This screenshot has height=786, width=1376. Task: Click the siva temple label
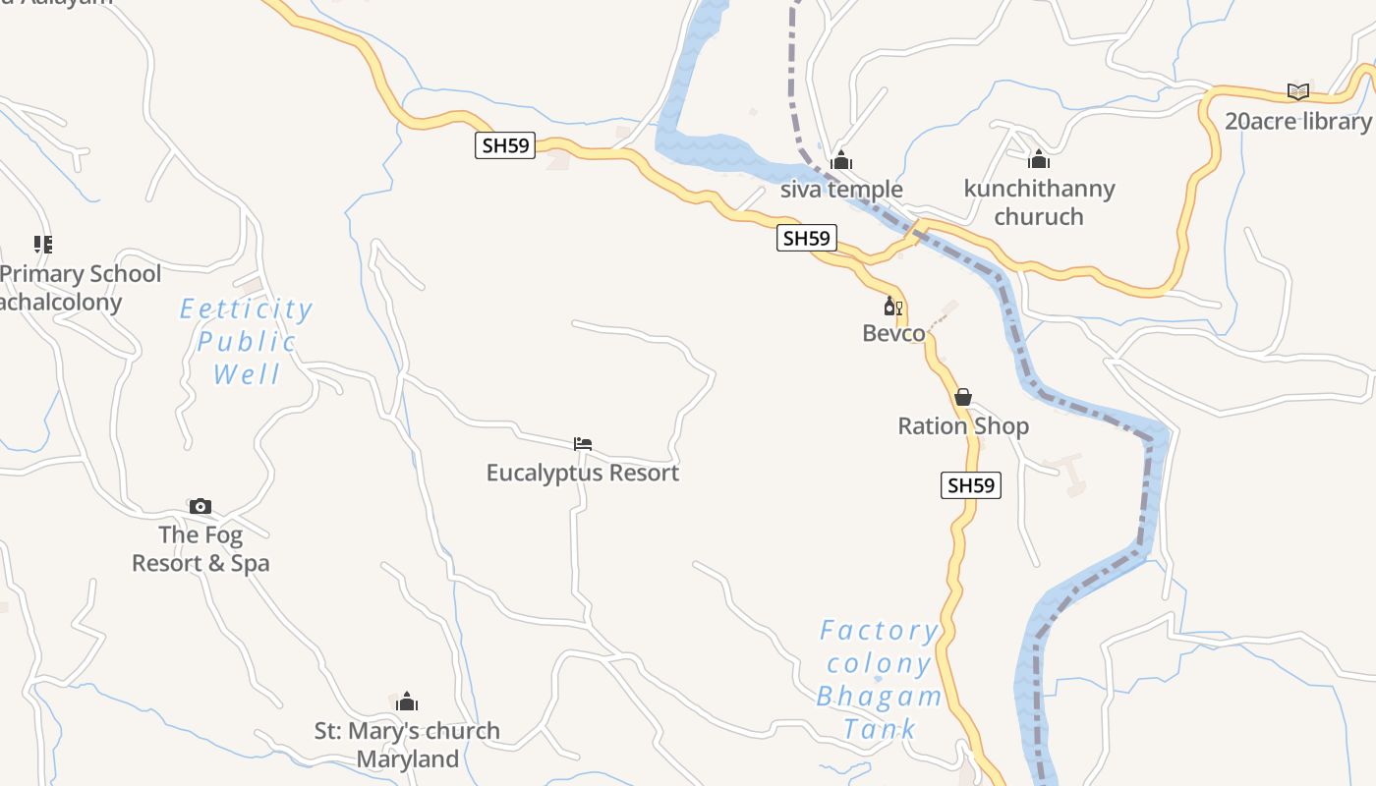click(840, 189)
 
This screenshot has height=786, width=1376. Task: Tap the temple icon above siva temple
click(841, 160)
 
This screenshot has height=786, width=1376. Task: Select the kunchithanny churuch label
click(1039, 202)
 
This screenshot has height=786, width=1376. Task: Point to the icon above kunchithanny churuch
click(1039, 159)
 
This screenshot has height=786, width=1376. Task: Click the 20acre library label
click(1297, 121)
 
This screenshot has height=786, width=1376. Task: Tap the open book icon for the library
click(1298, 91)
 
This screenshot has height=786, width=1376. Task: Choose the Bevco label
click(893, 333)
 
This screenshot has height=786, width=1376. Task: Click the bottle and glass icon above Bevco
click(892, 307)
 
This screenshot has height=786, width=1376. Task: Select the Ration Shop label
click(963, 425)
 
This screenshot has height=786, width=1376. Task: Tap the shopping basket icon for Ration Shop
click(963, 397)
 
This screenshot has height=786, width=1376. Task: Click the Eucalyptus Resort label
click(583, 473)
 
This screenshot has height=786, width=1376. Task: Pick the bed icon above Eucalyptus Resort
click(583, 444)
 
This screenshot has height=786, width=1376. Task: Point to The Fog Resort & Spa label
click(201, 549)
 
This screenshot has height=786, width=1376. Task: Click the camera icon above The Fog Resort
click(201, 506)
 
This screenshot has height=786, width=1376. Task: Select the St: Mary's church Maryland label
click(407, 745)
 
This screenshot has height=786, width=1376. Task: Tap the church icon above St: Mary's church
click(407, 702)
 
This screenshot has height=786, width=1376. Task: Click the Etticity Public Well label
click(247, 342)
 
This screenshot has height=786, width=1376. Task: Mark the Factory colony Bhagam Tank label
click(879, 679)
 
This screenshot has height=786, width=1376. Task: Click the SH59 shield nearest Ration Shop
click(970, 485)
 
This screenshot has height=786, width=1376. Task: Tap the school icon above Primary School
click(42, 244)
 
